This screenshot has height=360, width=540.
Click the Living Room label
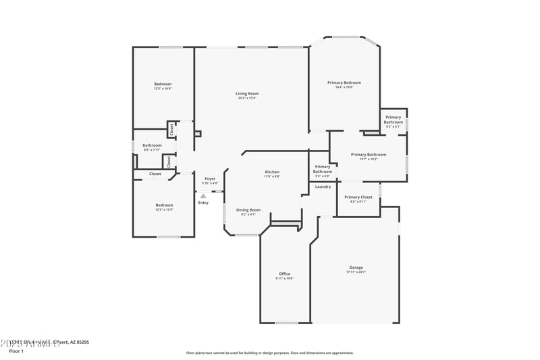pyautogui.click(x=247, y=94)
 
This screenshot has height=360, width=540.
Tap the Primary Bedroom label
pyautogui.click(x=340, y=82)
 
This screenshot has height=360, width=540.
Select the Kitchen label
pyautogui.click(x=272, y=172)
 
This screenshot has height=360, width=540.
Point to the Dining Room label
pyautogui.click(x=248, y=210)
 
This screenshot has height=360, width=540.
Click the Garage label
pyautogui.click(x=356, y=267)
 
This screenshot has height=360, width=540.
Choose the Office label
pyautogui.click(x=284, y=274)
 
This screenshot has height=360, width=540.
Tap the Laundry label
pyautogui.click(x=323, y=186)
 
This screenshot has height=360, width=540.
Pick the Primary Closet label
pyautogui.click(x=358, y=197)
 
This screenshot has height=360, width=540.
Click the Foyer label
pyautogui.click(x=211, y=179)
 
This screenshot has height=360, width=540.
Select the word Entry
pyautogui.click(x=203, y=203)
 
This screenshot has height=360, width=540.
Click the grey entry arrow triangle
pyautogui.click(x=203, y=196)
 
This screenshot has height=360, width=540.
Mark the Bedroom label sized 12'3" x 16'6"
pyautogui.click(x=163, y=84)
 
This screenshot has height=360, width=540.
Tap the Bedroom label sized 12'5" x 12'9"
pyautogui.click(x=164, y=205)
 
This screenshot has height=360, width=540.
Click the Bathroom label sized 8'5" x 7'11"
pyautogui.click(x=152, y=145)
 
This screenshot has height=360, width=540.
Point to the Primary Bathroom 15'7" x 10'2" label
pyautogui.click(x=369, y=155)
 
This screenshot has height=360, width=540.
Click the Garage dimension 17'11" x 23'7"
pyautogui.click(x=356, y=272)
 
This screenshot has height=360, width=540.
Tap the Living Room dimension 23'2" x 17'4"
pyautogui.click(x=247, y=99)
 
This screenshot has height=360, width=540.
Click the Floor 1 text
pyautogui.click(x=16, y=351)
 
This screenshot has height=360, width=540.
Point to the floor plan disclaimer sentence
pyautogui.click(x=269, y=353)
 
